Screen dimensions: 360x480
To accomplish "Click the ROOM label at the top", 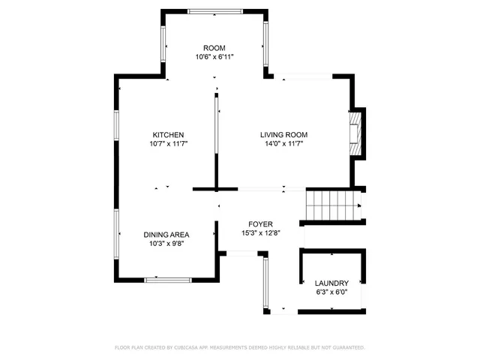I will (214, 48).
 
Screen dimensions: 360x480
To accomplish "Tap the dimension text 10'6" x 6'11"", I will (214, 57).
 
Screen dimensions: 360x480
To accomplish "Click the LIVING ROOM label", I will (283, 135).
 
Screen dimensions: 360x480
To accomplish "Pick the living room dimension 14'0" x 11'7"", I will (283, 144).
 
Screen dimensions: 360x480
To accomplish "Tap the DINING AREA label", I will (166, 234).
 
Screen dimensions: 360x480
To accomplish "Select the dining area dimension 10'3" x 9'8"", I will (166, 243).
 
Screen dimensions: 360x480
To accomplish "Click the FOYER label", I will (261, 223).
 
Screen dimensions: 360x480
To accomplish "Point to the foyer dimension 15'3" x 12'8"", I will (261, 232).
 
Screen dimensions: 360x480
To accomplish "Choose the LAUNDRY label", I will (331, 283).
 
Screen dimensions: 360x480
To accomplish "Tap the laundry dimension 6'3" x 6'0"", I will (331, 292).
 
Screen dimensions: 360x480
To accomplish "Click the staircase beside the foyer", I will (333, 203).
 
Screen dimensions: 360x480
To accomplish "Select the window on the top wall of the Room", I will (214, 11).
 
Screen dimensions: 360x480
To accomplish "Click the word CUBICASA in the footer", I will (196, 347).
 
